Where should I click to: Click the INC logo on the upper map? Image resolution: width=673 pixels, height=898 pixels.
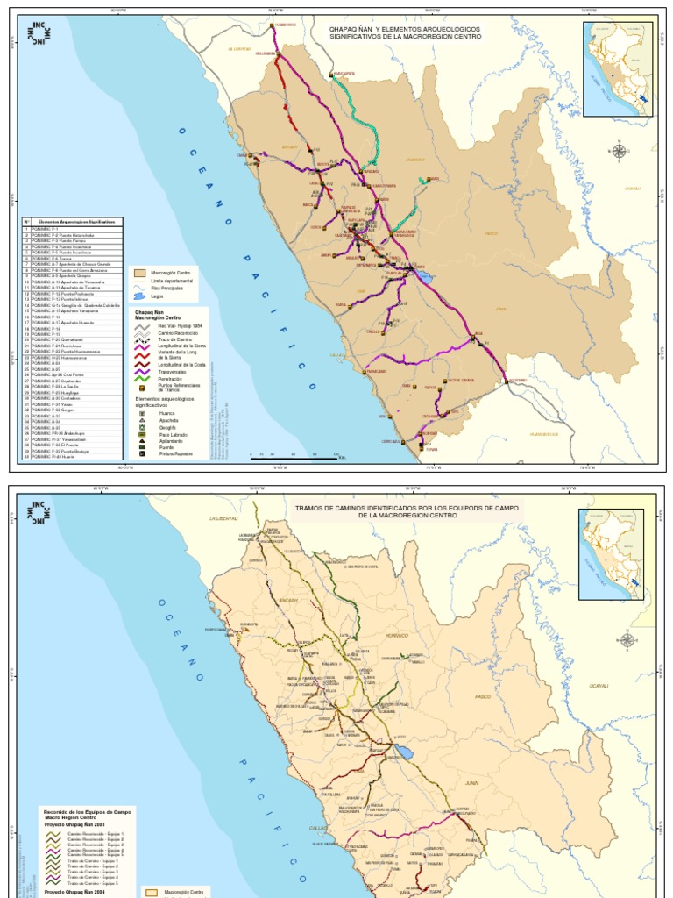(x=39, y=33)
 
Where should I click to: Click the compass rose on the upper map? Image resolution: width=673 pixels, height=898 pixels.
(x=620, y=151)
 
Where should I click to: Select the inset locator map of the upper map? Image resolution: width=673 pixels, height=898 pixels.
(x=619, y=70)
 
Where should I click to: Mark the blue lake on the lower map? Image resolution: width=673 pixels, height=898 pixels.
(x=406, y=753)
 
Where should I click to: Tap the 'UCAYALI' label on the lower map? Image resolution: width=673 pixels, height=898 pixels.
(x=598, y=684)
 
